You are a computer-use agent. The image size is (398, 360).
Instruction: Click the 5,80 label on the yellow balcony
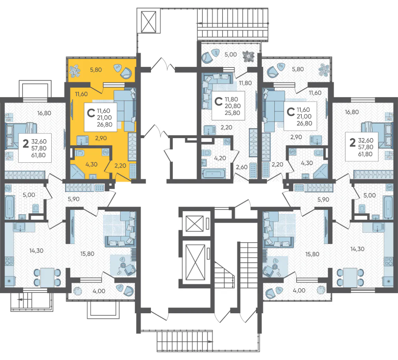(x=96, y=70)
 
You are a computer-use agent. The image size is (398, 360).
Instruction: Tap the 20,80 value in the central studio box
(x=233, y=106)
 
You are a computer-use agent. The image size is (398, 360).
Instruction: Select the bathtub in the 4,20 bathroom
(x=214, y=174)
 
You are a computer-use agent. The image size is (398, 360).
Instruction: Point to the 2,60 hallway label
(x=241, y=167)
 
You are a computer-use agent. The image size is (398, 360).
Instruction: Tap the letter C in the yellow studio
(x=91, y=113)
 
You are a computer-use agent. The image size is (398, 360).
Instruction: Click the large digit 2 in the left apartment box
(x=26, y=144)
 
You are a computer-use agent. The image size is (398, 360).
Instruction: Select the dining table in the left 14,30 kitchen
(x=47, y=277)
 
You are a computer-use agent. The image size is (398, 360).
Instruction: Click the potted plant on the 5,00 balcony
(x=248, y=57)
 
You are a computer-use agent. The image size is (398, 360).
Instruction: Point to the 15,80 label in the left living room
(x=87, y=254)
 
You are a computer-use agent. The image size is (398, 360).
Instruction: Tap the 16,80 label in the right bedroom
(x=352, y=112)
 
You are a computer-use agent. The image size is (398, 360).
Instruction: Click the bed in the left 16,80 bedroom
(x=21, y=136)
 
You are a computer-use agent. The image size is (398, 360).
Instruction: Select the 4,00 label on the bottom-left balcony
(x=99, y=291)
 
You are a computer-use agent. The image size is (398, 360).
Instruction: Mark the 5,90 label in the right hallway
(x=323, y=200)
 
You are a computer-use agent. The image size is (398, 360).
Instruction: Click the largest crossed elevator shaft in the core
(x=195, y=262)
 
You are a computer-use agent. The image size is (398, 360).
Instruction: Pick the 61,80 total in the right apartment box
(x=365, y=154)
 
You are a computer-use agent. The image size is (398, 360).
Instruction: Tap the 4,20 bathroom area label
(x=220, y=158)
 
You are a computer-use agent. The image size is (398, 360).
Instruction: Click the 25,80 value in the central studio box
(x=232, y=113)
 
